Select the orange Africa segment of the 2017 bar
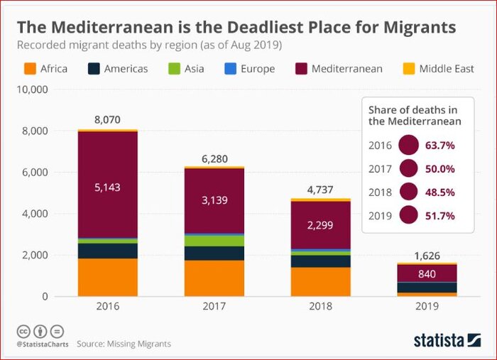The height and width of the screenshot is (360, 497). click(214, 278)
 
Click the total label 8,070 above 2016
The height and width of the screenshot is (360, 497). click(107, 121)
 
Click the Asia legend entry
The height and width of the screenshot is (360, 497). click(189, 69)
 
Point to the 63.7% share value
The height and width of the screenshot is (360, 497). click(440, 146)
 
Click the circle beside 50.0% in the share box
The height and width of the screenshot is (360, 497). click(408, 168)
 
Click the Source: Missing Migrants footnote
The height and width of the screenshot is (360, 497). click(124, 344)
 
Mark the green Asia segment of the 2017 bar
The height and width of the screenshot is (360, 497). click(214, 241)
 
